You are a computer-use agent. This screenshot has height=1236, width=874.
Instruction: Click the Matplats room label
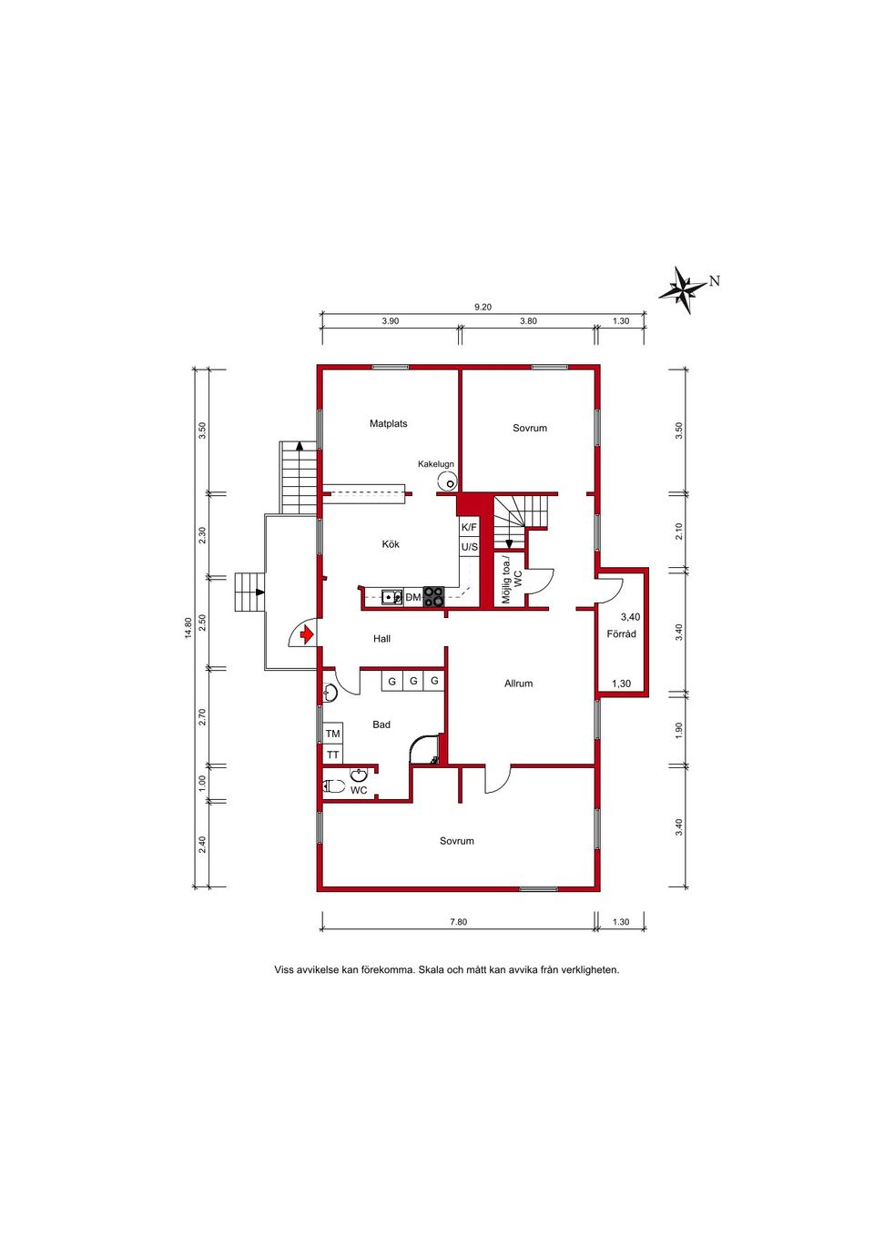389,424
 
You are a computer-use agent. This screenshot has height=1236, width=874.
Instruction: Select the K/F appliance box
469,528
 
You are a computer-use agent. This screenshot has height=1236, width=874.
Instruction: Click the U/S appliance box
469,547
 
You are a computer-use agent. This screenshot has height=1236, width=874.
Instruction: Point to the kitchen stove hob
433,597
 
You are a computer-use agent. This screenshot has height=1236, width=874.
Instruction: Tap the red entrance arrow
307,635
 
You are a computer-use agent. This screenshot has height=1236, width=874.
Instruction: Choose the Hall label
381,638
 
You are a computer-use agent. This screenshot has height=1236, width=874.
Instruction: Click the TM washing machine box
332,734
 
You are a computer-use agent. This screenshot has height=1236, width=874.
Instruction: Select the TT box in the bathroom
332,755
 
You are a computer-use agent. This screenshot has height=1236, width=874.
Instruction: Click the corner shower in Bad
426,749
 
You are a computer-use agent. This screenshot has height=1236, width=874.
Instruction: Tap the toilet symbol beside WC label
334,786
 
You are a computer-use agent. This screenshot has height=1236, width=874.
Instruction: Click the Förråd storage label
621,634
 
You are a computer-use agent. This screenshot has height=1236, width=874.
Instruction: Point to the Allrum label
519,684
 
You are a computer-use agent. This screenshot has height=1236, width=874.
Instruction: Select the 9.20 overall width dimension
483,308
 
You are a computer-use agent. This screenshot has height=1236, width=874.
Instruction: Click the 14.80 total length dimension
188,628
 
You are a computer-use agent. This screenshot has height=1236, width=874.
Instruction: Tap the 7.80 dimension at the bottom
459,921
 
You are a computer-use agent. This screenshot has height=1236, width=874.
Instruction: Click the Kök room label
391,544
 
